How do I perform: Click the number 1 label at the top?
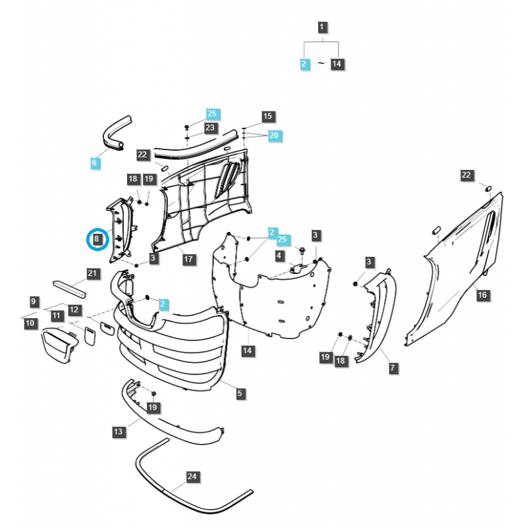(x=321, y=27)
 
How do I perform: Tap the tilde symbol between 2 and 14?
(x=321, y=63)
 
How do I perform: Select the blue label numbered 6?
(x=95, y=162)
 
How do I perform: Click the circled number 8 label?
(x=97, y=238)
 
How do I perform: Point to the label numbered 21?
(x=92, y=273)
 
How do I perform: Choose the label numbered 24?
(x=192, y=476)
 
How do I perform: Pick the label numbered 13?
(x=118, y=431)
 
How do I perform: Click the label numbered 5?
(x=240, y=393)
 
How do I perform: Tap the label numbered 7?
(x=393, y=368)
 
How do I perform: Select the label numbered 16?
(x=482, y=294)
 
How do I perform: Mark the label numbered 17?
(x=188, y=259)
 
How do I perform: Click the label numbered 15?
(x=267, y=116)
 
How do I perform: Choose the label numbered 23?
(x=210, y=127)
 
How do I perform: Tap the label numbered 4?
(x=279, y=256)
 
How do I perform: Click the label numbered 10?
(x=30, y=323)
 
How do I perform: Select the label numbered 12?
(x=74, y=310)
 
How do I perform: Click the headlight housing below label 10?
(x=60, y=346)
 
